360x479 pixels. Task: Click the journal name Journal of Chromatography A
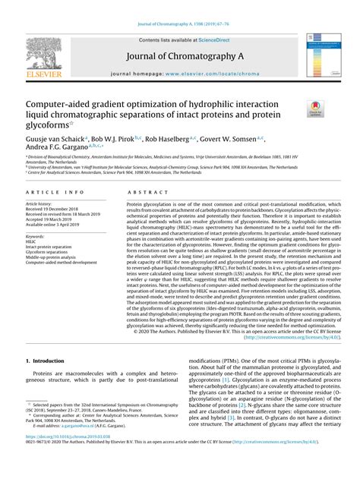180,57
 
